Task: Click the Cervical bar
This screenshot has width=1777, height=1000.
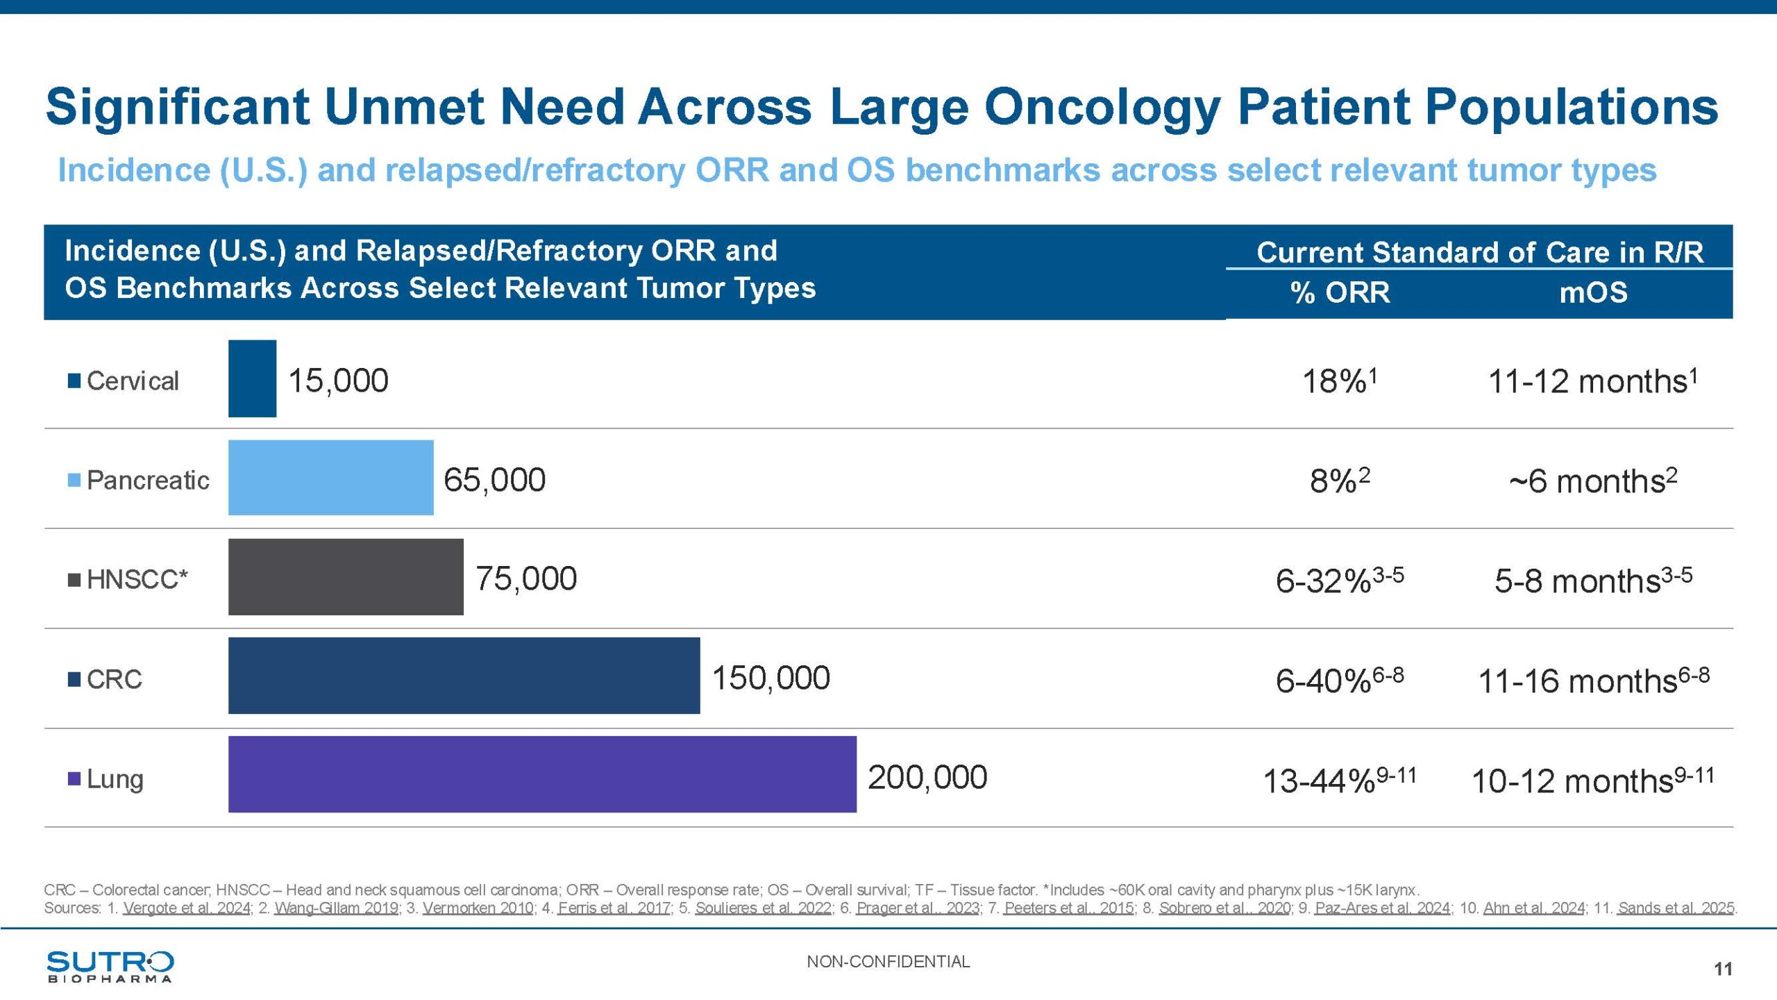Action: pyautogui.click(x=252, y=378)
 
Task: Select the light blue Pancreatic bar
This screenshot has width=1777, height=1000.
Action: pyautogui.click(x=330, y=478)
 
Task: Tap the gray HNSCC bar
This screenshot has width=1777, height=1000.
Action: pyautogui.click(x=346, y=577)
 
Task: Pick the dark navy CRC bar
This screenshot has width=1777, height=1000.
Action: pyautogui.click(x=464, y=676)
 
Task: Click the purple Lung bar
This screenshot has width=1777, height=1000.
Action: pyautogui.click(x=542, y=774)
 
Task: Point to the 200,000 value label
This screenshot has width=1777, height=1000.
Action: pyautogui.click(x=927, y=777)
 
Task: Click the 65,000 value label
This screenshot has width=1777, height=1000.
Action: pyautogui.click(x=494, y=480)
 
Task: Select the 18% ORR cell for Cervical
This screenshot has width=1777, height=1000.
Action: pyautogui.click(x=1339, y=381)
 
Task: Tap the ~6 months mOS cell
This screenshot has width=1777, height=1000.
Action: pyautogui.click(x=1593, y=481)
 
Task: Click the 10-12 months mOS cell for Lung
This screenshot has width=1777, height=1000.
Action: pyautogui.click(x=1593, y=780)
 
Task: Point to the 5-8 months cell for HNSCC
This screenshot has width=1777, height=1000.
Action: pyautogui.click(x=1593, y=580)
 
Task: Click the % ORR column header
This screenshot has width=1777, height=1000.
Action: pyautogui.click(x=1340, y=292)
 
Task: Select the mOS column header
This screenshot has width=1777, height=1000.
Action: pyautogui.click(x=1593, y=292)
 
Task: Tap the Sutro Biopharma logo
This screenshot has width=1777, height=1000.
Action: pyautogui.click(x=110, y=966)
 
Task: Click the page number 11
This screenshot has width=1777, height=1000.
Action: pyautogui.click(x=1723, y=969)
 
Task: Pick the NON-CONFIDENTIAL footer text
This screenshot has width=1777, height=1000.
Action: pyautogui.click(x=888, y=962)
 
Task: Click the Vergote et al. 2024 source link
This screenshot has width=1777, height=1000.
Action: pyautogui.click(x=187, y=908)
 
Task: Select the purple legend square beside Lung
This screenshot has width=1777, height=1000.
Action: pyautogui.click(x=74, y=778)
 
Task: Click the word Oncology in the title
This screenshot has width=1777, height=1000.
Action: pyautogui.click(x=1102, y=107)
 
